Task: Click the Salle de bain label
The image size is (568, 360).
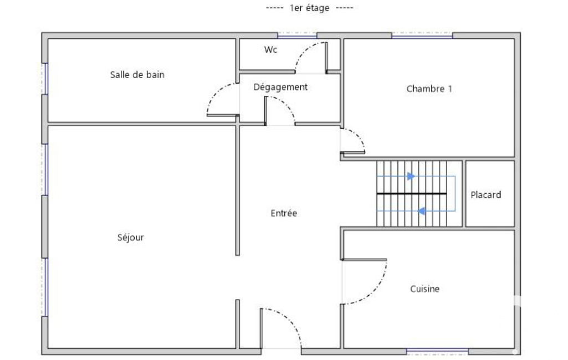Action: pyautogui.click(x=137, y=75)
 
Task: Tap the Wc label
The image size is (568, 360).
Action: pyautogui.click(x=270, y=50)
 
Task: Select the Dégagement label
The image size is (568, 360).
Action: pyautogui.click(x=280, y=88)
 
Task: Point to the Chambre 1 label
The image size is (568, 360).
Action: pyautogui.click(x=429, y=89)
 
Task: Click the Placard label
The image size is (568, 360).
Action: pyautogui.click(x=486, y=195)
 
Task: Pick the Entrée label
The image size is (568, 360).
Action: pyautogui.click(x=284, y=213)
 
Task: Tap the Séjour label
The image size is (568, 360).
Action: pyautogui.click(x=130, y=238)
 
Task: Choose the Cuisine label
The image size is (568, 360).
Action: pyautogui.click(x=424, y=289)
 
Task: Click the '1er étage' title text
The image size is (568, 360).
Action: pyautogui.click(x=309, y=8)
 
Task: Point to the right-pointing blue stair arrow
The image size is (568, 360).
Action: pyautogui.click(x=411, y=176)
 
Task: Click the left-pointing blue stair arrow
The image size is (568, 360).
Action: pyautogui.click(x=421, y=211)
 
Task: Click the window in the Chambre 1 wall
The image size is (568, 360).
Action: pyautogui.click(x=422, y=35)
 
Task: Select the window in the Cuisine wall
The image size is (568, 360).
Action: pyautogui.click(x=437, y=351)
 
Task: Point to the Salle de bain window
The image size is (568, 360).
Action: pyautogui.click(x=45, y=79)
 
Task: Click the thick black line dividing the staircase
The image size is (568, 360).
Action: pyautogui.click(x=412, y=194)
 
